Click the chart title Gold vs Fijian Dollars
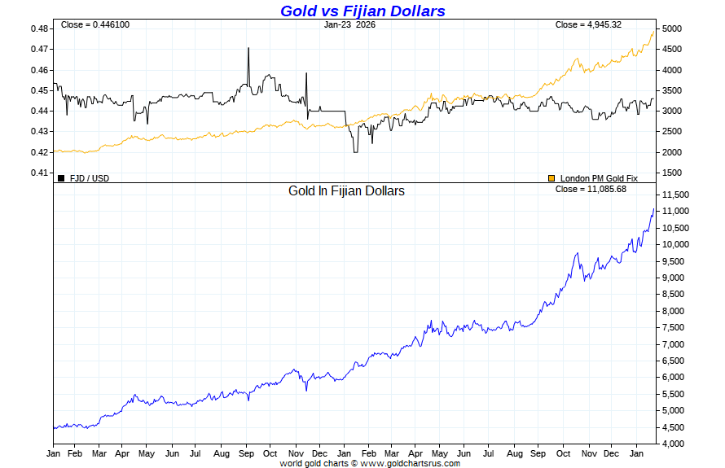(x=362, y=11)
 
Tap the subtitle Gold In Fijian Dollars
(x=346, y=191)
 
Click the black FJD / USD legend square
(x=61, y=177)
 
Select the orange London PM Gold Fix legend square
(x=551, y=177)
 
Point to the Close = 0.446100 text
(x=94, y=24)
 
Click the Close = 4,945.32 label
(x=588, y=24)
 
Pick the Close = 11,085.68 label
(x=591, y=189)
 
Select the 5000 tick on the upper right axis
(x=672, y=28)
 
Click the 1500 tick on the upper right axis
(x=672, y=173)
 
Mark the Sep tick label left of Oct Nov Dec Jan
(x=247, y=453)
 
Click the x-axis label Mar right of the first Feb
(x=98, y=453)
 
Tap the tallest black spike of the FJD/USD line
(x=248, y=49)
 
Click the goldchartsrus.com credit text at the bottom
(x=370, y=463)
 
